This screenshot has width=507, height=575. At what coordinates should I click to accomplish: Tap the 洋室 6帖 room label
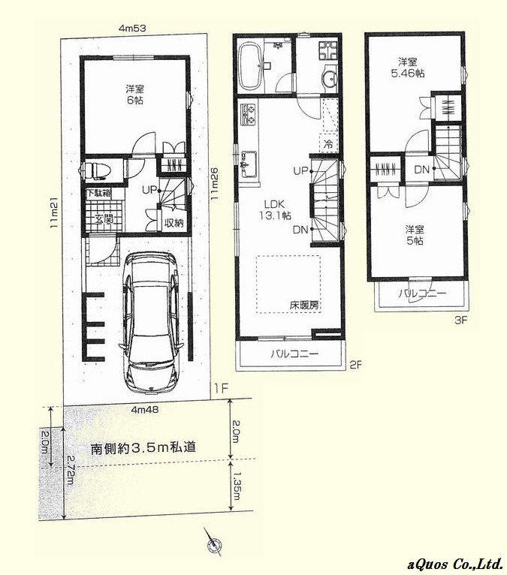click(x=134, y=94)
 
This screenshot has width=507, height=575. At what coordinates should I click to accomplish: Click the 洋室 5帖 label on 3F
click(x=414, y=235)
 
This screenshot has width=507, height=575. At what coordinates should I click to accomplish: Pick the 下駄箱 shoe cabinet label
click(x=98, y=193)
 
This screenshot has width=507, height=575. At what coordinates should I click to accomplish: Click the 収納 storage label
click(x=174, y=222)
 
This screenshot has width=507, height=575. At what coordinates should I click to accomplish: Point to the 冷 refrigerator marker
click(x=327, y=143)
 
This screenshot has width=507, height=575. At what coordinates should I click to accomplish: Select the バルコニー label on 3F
click(x=422, y=292)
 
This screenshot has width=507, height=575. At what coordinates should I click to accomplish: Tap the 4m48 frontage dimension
click(x=144, y=410)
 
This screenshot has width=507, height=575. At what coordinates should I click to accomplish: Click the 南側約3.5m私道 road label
click(x=143, y=447)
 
